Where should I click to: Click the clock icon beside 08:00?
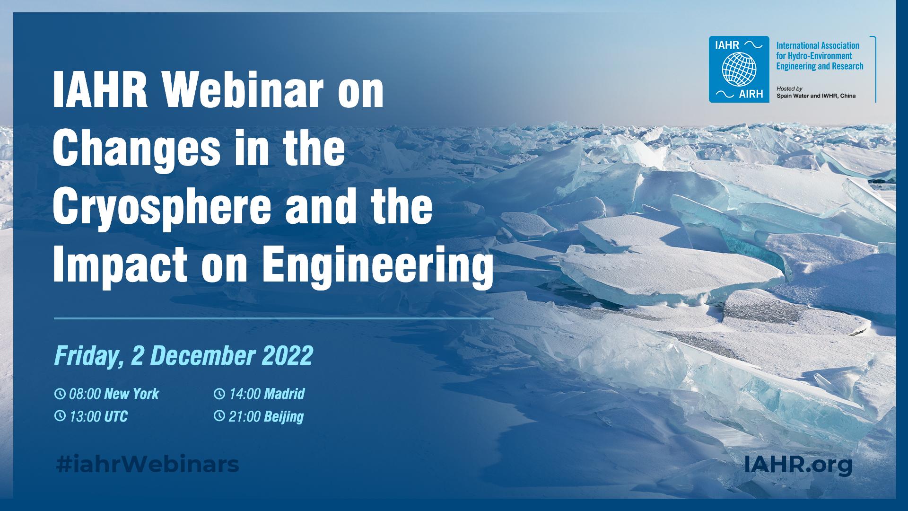coord(60,394)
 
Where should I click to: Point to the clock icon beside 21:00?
coord(219,416)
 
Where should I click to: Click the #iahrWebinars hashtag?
coord(147,465)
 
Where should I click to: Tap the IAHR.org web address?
coord(798,465)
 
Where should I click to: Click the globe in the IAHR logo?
coord(735,69)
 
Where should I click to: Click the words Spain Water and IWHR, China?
coord(816,96)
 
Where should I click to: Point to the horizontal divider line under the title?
coord(274,318)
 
